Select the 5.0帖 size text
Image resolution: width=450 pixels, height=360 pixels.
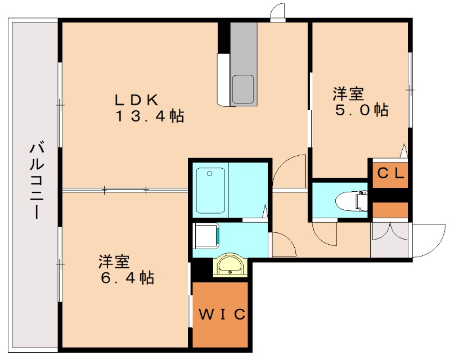click(x=362, y=110)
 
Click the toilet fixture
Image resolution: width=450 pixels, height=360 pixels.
click(x=350, y=199)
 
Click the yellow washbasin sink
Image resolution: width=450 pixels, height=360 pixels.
click(x=229, y=265)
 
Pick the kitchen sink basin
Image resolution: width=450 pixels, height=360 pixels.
click(x=243, y=89)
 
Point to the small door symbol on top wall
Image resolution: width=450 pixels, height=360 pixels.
click(x=277, y=12)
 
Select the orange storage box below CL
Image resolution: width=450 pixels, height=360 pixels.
click(x=390, y=209)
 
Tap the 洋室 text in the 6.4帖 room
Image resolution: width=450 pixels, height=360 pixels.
click(x=114, y=261)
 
